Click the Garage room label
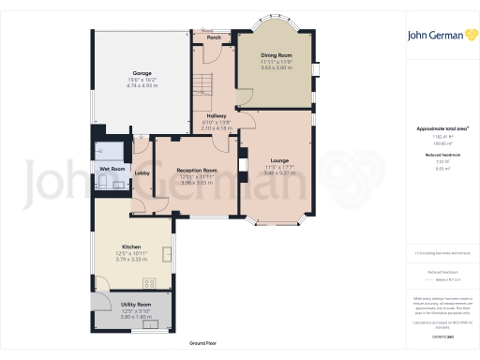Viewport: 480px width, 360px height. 142,72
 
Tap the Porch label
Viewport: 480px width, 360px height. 215,38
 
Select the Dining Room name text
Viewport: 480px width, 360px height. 277,55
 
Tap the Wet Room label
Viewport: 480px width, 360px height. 112,169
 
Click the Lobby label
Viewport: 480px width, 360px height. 142,173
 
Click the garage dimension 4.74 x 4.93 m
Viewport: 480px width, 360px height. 142,85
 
